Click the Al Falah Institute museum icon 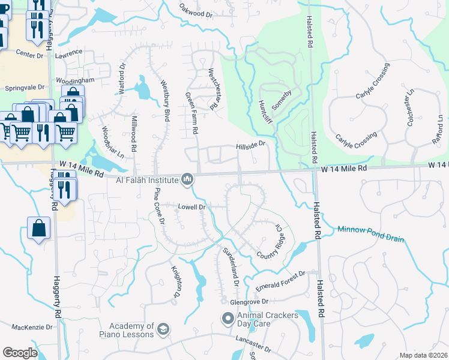(x=187, y=179)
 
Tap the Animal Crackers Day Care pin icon (x=228, y=319)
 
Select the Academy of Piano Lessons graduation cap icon (x=163, y=329)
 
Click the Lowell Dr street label (x=192, y=207)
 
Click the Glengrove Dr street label (x=247, y=302)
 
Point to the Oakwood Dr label (x=196, y=10)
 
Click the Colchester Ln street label (x=411, y=105)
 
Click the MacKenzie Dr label (x=32, y=328)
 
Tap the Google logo (x=20, y=353)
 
